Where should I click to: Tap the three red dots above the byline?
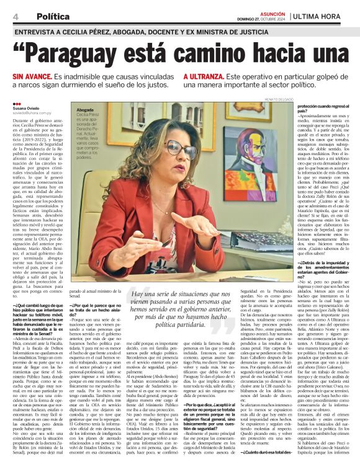point(16,104)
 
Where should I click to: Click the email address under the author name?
point(32,113)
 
